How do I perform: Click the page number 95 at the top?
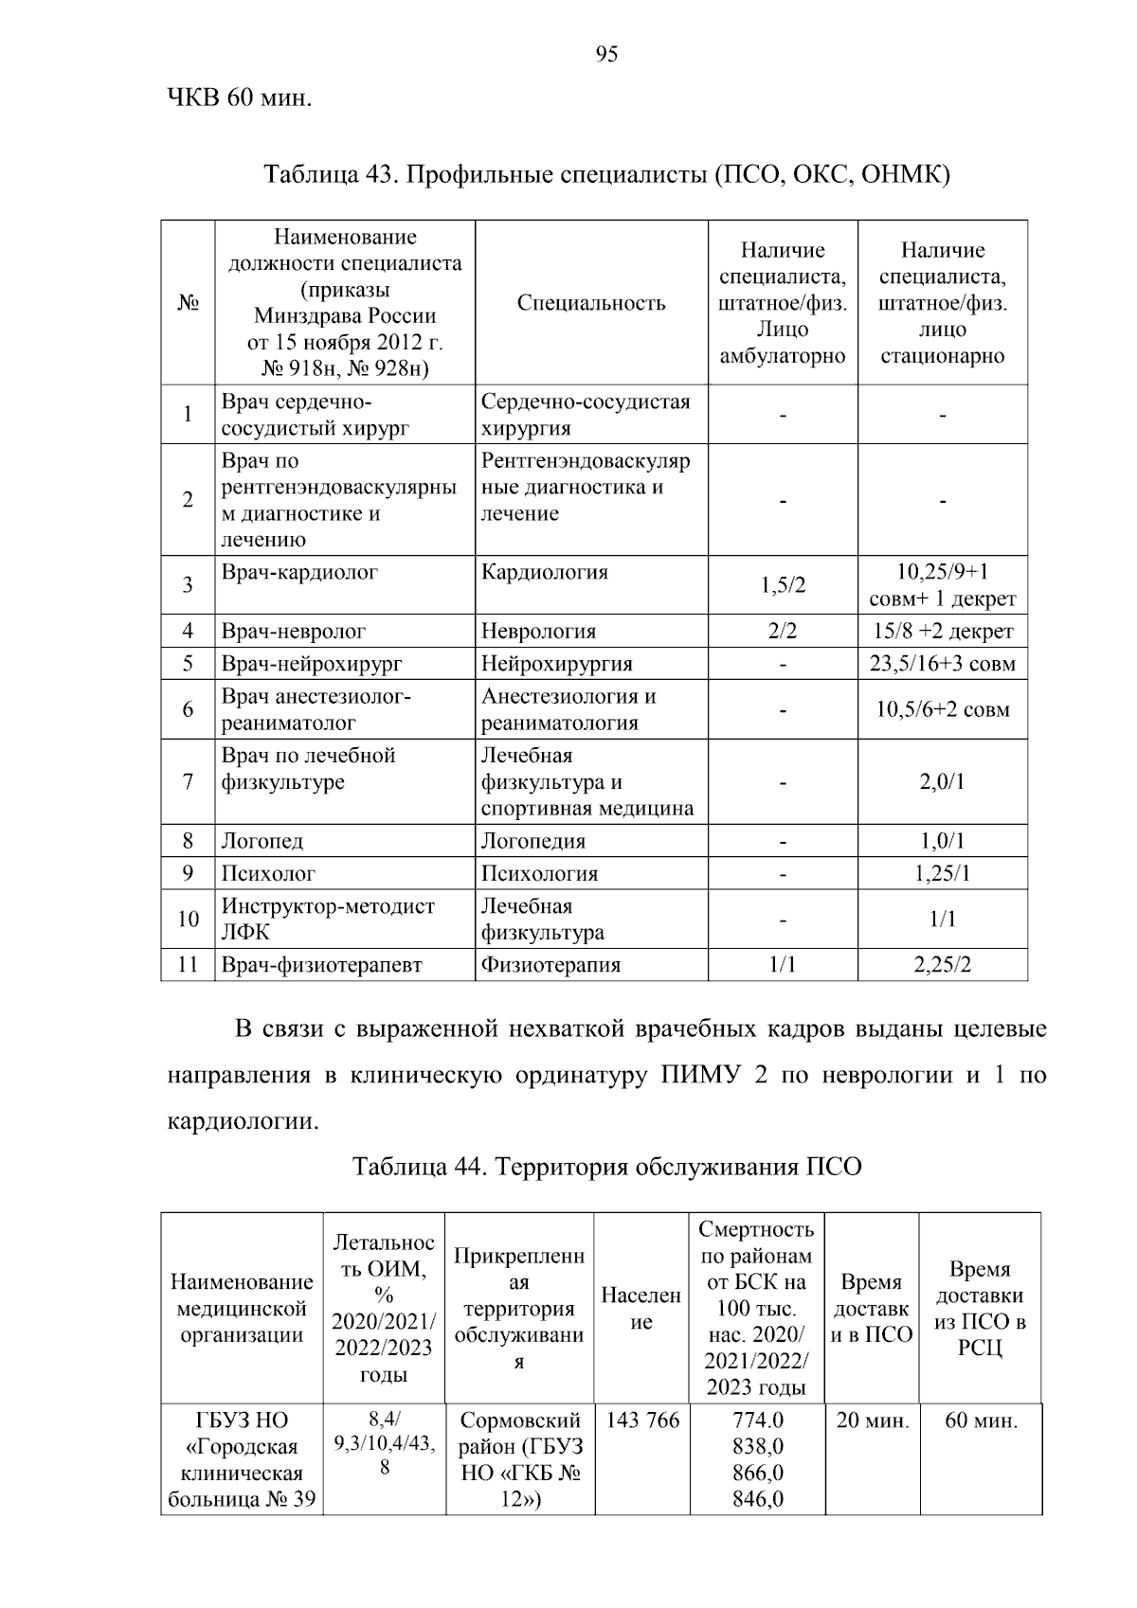(606, 55)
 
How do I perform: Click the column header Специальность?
(591, 303)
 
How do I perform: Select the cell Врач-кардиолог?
(299, 572)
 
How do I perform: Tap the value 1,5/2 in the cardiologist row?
(783, 585)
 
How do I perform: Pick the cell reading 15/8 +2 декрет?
(942, 631)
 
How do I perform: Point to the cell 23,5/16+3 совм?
(942, 663)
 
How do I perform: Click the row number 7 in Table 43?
(188, 782)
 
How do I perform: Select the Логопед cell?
(262, 841)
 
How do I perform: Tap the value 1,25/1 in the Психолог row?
(942, 873)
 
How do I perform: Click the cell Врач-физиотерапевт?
(321, 965)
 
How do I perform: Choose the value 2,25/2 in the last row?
(942, 965)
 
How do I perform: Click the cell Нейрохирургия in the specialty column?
(556, 663)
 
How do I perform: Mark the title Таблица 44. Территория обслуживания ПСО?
(606, 1166)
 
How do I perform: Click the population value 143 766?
(642, 1420)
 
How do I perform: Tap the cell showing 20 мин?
(871, 1420)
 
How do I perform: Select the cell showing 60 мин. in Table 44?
(981, 1420)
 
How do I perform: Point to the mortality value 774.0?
(757, 1420)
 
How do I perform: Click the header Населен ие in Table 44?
(641, 1308)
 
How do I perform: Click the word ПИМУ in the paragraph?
(699, 1078)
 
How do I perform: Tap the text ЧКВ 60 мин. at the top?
(239, 98)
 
